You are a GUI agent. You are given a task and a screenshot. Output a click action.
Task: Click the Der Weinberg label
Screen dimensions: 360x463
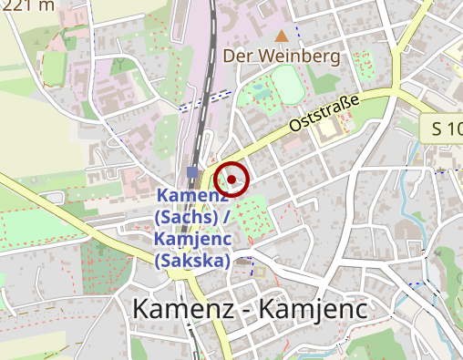coord(282,57)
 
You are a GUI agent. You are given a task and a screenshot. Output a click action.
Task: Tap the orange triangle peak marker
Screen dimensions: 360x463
coord(283,36)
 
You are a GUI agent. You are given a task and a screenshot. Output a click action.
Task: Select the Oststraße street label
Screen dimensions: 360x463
coord(326,111)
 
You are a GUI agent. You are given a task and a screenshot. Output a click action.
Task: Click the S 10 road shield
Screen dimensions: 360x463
coord(444,129)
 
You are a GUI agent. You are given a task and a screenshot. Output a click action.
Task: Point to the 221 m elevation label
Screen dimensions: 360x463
coord(28,5)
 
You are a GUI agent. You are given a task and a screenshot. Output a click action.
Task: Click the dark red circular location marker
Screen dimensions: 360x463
coord(232,178)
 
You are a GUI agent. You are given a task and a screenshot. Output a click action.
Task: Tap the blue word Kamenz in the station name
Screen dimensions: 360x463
coord(191,196)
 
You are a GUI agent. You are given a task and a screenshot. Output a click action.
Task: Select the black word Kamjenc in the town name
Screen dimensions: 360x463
coord(314,309)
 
